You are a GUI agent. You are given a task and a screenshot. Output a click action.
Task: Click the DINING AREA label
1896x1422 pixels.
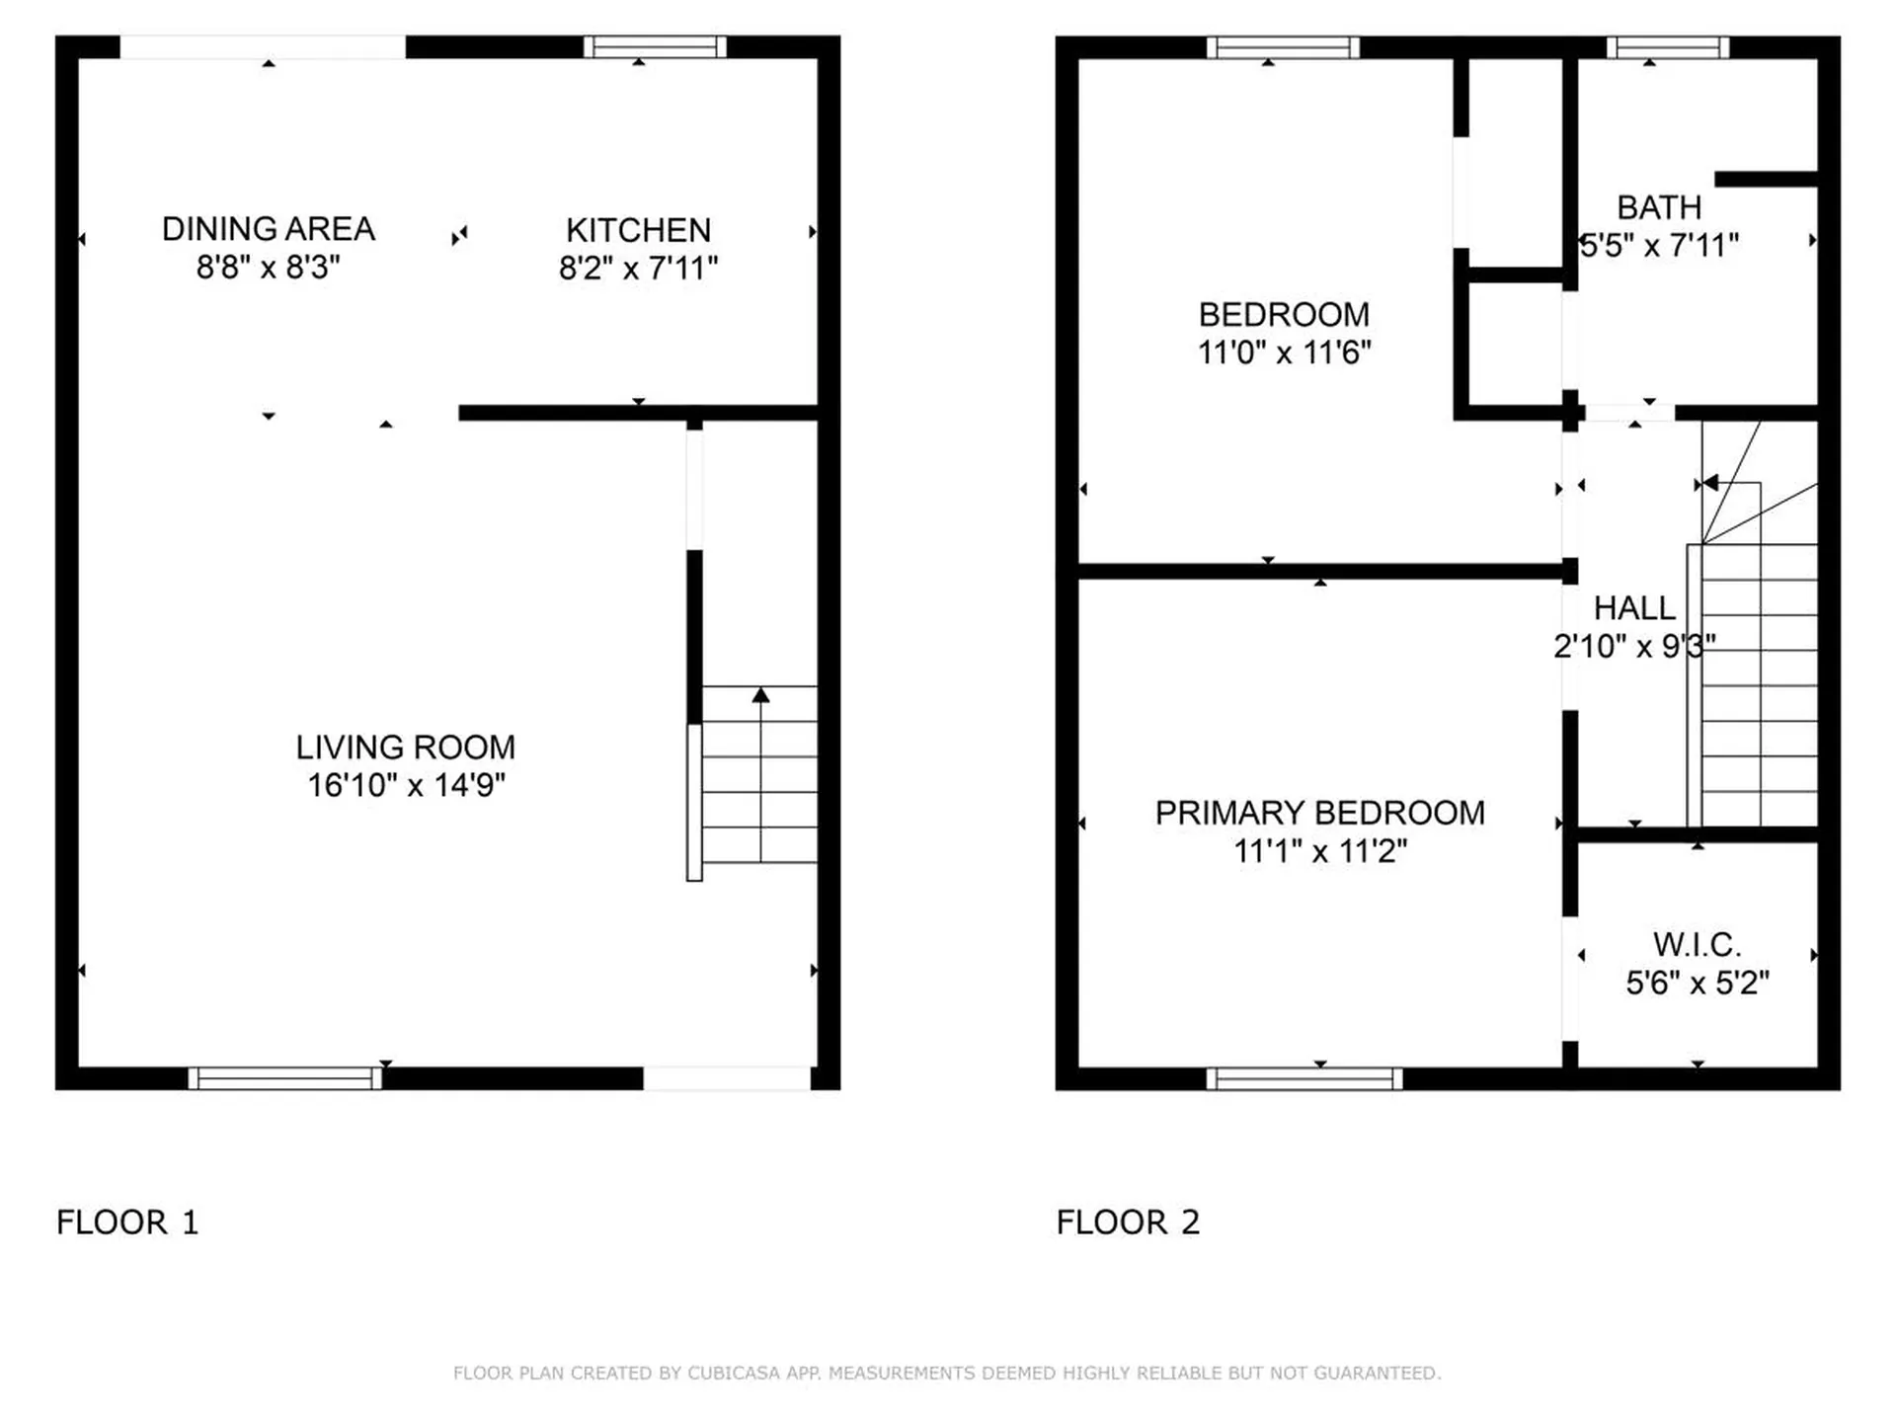pos(268,229)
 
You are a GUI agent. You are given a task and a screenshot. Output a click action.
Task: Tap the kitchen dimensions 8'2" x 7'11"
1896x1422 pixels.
pos(638,268)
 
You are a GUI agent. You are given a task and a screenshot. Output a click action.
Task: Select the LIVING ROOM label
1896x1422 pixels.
pos(405,748)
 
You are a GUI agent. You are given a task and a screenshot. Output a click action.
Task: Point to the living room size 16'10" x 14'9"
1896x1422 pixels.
pos(405,785)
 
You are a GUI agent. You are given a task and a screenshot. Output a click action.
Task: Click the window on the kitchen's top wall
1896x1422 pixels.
pos(655,46)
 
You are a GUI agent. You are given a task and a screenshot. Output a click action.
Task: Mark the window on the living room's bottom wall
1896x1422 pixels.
pos(285,1078)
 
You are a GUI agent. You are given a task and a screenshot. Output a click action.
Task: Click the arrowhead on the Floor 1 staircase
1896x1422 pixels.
pos(760,695)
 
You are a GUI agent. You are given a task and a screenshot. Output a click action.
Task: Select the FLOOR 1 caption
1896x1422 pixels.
pos(127,1223)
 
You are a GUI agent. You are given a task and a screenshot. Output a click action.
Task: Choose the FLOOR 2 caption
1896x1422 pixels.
pos(1128,1223)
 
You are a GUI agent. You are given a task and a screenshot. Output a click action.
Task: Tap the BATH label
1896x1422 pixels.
pos(1659,207)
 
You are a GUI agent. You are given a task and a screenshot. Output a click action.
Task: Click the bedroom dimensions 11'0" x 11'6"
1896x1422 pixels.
pos(1284,353)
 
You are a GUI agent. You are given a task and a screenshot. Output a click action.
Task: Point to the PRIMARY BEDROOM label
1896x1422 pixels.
pos(1319,813)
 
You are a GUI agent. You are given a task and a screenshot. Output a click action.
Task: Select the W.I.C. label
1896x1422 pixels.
pos(1697,945)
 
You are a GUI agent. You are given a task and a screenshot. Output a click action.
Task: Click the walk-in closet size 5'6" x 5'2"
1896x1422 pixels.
pos(1697,983)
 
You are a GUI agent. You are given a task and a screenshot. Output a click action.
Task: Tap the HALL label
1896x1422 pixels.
pos(1634,608)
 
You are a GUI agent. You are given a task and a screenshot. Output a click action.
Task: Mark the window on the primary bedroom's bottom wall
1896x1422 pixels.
pos(1303,1078)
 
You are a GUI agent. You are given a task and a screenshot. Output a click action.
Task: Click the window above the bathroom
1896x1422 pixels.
pos(1668,46)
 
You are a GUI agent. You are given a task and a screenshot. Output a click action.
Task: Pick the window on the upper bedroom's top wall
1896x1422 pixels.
pos(1283,46)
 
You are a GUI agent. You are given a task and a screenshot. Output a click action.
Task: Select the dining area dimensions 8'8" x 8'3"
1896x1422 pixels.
pos(268,267)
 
